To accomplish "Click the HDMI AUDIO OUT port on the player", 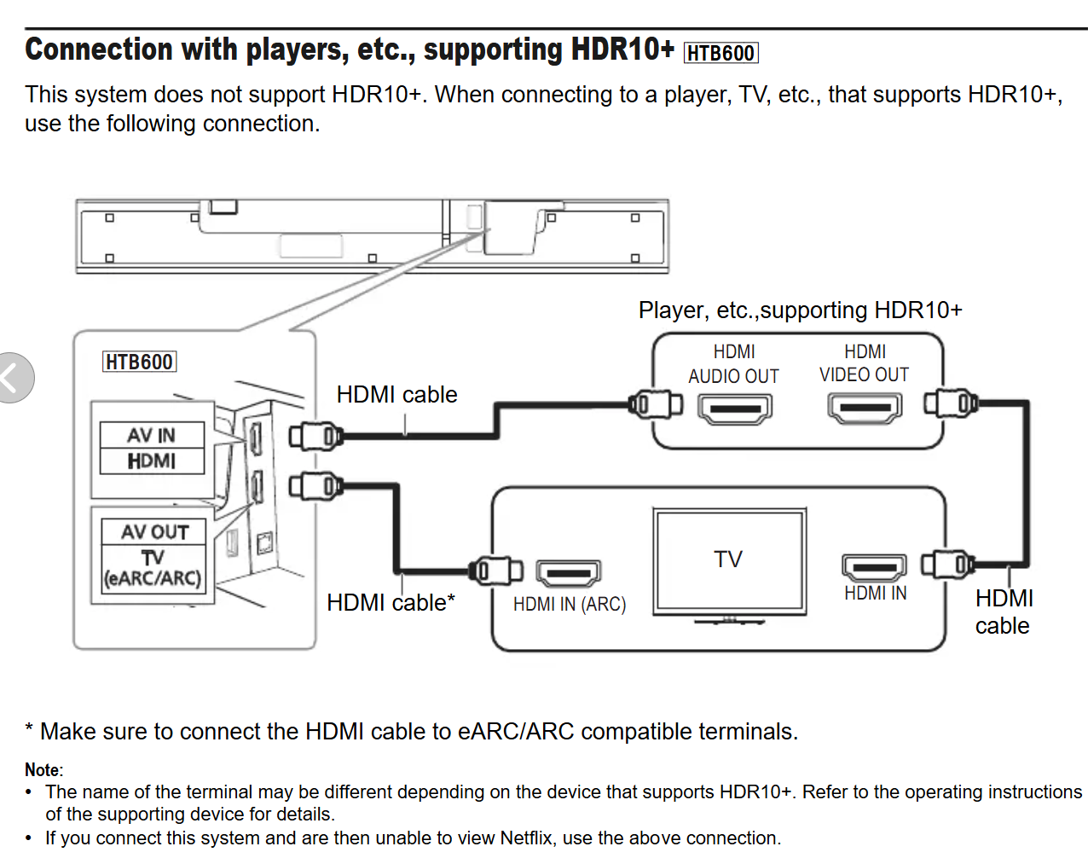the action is pyautogui.click(x=735, y=409).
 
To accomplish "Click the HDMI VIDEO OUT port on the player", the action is pyautogui.click(x=865, y=408).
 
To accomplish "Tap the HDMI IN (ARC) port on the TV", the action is pyautogui.click(x=569, y=572).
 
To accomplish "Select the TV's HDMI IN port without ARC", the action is pyautogui.click(x=874, y=568).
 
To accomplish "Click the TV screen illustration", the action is pyautogui.click(x=729, y=561).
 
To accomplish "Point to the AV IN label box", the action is pyautogui.click(x=152, y=435).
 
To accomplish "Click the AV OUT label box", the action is pyautogui.click(x=153, y=531).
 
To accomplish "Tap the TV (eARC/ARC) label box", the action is pyautogui.click(x=153, y=569).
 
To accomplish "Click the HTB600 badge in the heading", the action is pyautogui.click(x=721, y=53).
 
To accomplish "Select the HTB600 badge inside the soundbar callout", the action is pyautogui.click(x=140, y=362).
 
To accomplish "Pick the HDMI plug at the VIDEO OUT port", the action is pyautogui.click(x=951, y=403).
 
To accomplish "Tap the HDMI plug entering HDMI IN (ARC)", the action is pyautogui.click(x=495, y=571).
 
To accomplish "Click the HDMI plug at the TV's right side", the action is pyautogui.click(x=948, y=565).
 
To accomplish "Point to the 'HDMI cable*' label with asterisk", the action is pyautogui.click(x=391, y=602).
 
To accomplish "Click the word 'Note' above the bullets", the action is pyautogui.click(x=43, y=770).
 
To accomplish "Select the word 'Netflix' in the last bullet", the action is pyautogui.click(x=526, y=838).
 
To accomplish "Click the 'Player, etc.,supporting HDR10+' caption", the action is pyautogui.click(x=801, y=310).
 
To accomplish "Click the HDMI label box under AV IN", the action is pyautogui.click(x=152, y=461).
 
